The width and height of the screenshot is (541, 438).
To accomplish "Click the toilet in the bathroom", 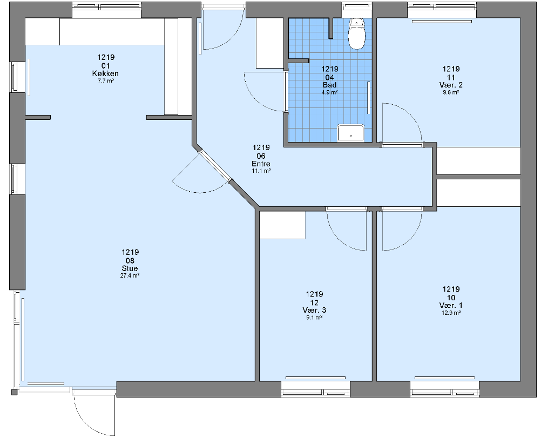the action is coord(357,33).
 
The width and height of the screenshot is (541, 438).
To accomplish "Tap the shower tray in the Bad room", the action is coord(350,133).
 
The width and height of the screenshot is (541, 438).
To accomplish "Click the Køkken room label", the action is coord(106,73).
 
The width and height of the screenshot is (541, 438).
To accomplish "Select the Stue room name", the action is coord(130,268).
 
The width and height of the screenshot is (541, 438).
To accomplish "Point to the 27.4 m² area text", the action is coord(130,276).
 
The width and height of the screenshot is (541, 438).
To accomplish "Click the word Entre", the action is coord(261,164).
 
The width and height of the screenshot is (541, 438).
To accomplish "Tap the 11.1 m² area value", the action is coord(261,171).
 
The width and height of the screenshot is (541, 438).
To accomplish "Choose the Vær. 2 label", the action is coord(451,85).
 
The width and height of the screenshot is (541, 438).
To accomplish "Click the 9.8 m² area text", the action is coord(451,92).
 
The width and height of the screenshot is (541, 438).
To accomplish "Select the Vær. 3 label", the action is coord(314,311).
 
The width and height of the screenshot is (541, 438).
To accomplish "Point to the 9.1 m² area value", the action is coord(314,318).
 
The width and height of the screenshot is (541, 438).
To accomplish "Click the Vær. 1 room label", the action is coord(451,305).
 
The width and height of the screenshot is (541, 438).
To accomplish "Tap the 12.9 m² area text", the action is coord(451,313).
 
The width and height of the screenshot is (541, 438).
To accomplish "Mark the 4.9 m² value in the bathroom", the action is coord(329,92).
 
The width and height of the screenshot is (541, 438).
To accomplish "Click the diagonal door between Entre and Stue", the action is coord(215,165).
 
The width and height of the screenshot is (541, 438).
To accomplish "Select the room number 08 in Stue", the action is coord(130,261).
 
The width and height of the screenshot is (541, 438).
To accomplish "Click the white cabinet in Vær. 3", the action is coord(282,225).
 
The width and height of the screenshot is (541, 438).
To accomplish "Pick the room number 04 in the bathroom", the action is coord(329,77).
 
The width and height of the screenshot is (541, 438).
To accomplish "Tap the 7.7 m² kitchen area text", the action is coord(106,81).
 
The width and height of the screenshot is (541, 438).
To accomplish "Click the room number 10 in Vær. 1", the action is coord(451,298).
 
